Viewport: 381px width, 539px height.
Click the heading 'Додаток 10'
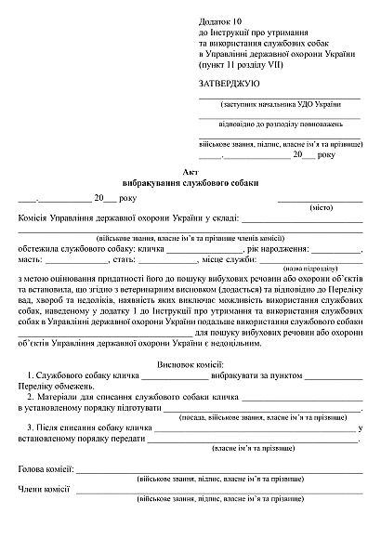coord(219,20)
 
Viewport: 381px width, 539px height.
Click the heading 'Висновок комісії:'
coord(190,365)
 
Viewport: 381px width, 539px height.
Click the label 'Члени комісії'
coord(44,490)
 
